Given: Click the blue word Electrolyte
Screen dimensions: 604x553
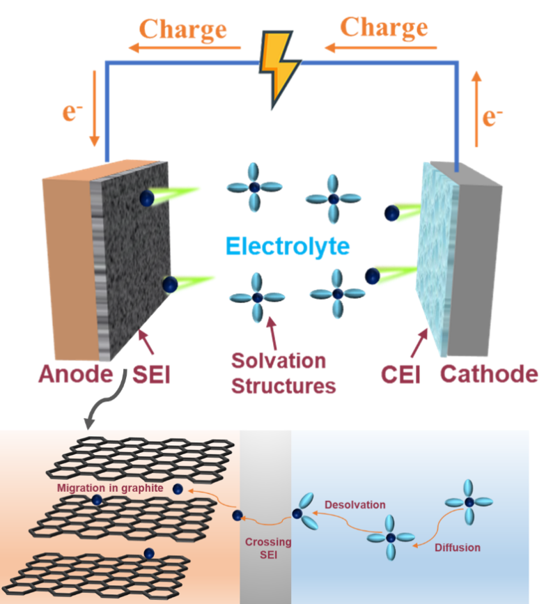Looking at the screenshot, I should [x=287, y=246].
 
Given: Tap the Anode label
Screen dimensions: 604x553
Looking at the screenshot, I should [x=75, y=374].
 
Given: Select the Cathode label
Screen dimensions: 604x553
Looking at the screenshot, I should [x=489, y=374].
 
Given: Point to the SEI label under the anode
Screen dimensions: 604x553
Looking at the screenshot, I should [x=152, y=375].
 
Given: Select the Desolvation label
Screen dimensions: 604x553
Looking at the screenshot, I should [x=355, y=504].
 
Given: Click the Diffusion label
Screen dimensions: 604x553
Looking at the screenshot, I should [x=458, y=548].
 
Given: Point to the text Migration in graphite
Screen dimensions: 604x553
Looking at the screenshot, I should [x=110, y=488].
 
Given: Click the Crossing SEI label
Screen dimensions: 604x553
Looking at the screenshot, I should [x=268, y=549].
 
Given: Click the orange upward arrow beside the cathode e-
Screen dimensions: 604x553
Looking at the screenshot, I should [x=476, y=108].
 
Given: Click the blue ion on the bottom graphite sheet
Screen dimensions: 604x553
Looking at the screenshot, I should [x=148, y=553].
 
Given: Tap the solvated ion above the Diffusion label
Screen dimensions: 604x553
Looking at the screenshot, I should [x=469, y=502].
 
